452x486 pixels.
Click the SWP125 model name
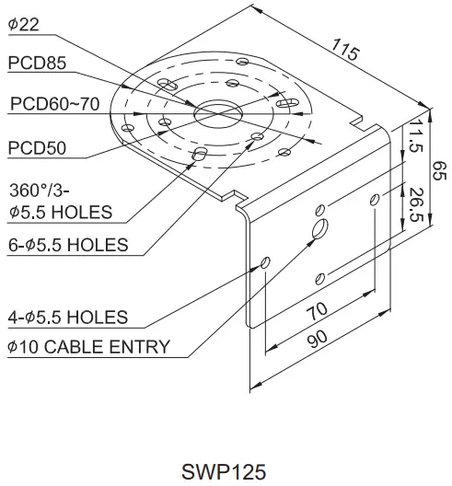click(224, 471)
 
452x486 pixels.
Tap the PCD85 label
click(36, 63)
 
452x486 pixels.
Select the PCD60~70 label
click(54, 104)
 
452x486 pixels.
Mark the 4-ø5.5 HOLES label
click(67, 318)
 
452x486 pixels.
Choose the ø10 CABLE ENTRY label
click(88, 346)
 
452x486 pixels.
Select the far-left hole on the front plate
click(266, 264)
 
